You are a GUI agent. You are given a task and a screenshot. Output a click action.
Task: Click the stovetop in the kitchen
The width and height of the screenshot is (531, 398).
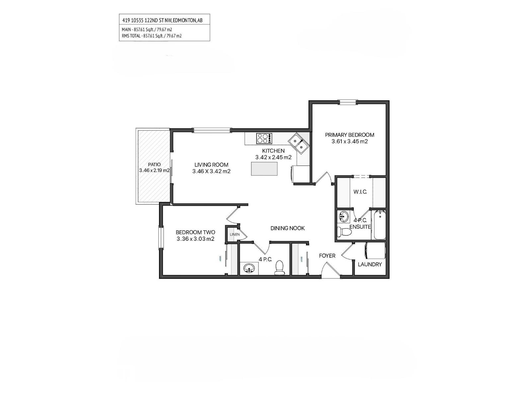(x=264, y=138)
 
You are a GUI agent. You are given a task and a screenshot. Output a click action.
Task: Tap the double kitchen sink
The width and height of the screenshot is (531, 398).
(x=298, y=144)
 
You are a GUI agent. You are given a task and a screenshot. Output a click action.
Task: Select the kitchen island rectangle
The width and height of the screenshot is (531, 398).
(x=264, y=168)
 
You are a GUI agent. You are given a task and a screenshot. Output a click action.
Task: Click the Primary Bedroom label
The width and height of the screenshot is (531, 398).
(x=349, y=135)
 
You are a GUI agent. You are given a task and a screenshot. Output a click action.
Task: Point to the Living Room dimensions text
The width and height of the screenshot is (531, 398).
(x=211, y=171)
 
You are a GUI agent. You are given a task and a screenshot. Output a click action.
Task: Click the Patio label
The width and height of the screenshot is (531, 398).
(x=154, y=165)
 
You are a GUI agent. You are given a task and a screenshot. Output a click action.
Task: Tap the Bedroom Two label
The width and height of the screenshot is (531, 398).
(x=195, y=232)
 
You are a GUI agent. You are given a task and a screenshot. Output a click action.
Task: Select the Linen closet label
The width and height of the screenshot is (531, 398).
(x=235, y=234)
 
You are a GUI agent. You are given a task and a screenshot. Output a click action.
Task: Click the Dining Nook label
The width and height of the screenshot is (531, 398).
(x=287, y=228)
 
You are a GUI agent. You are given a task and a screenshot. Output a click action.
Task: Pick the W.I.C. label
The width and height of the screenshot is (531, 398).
(x=360, y=192)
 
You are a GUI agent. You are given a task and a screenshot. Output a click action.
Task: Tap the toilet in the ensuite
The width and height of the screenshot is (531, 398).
(x=344, y=232)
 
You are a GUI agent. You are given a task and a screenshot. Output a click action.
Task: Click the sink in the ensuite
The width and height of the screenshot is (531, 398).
(x=343, y=217)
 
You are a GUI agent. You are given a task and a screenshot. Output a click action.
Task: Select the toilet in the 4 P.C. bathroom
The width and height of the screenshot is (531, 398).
(x=280, y=268)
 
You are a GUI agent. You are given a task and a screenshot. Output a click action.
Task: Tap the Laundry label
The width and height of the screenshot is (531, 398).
(x=370, y=264)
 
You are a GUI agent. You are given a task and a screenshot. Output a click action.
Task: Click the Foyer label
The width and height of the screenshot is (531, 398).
(x=327, y=256)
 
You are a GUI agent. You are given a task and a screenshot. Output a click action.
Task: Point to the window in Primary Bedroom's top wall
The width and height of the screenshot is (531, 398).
(x=347, y=102)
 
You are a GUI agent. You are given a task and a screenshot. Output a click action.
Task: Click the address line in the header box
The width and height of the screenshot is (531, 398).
(x=162, y=21)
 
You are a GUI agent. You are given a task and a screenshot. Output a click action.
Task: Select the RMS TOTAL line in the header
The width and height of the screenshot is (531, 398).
(x=152, y=36)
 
